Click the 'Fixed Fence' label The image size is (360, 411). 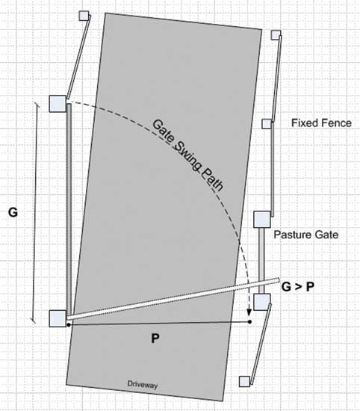tap(321, 123)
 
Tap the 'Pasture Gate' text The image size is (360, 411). tap(306, 235)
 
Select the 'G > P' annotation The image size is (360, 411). tap(298, 287)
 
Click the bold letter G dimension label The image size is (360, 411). tap(13, 212)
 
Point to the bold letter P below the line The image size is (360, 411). tap(155, 338)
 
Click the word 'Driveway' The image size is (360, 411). tap(143, 385)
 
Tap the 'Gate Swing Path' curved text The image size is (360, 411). tap(188, 155)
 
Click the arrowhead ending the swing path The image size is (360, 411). tap(249, 312)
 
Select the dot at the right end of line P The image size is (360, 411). tap(249, 321)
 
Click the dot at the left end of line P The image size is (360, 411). tap(69, 325)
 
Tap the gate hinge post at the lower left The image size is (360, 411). tap(58, 318)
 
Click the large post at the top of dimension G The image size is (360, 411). tap(58, 104)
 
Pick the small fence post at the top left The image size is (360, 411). tap(84, 16)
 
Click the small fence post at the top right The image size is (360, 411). tap(276, 35)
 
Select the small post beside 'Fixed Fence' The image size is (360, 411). tap(267, 124)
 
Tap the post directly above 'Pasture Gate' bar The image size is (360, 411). tap(262, 220)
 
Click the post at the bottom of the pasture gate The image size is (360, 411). tap(262, 302)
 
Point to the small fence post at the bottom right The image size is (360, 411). tap(244, 381)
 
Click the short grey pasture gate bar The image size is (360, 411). tap(261, 261)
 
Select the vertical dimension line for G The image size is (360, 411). tap(36, 212)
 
